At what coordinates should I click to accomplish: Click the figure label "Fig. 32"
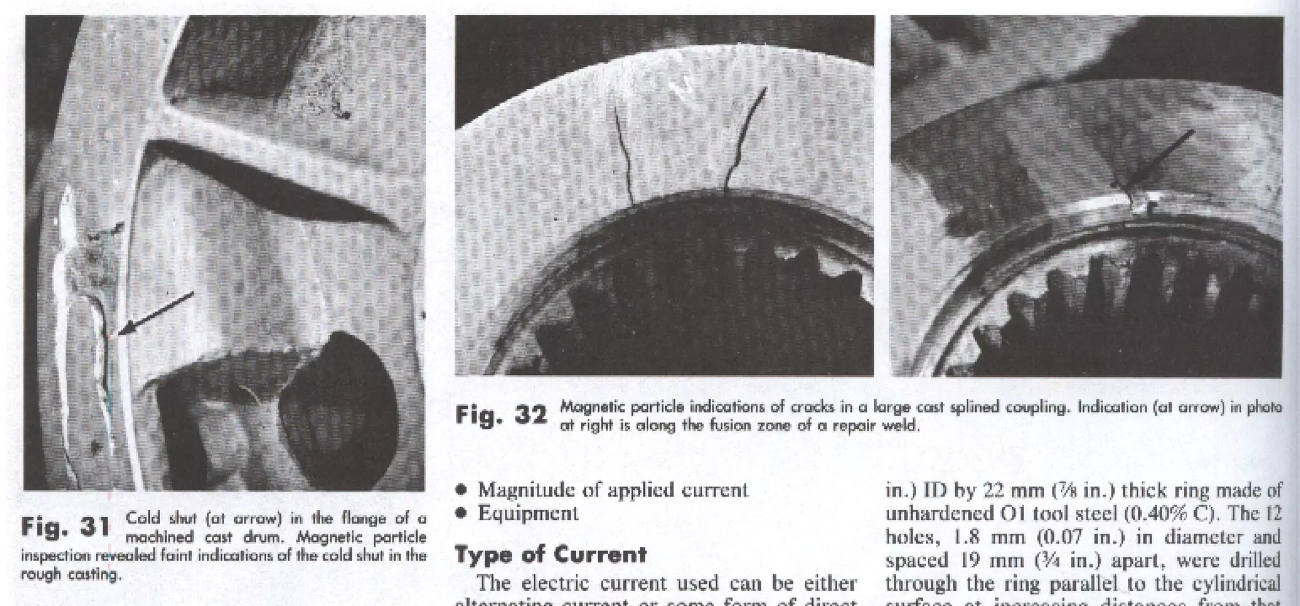[501, 416]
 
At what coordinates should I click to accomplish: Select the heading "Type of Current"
[550, 555]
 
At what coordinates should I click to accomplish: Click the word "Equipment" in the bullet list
[527, 513]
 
